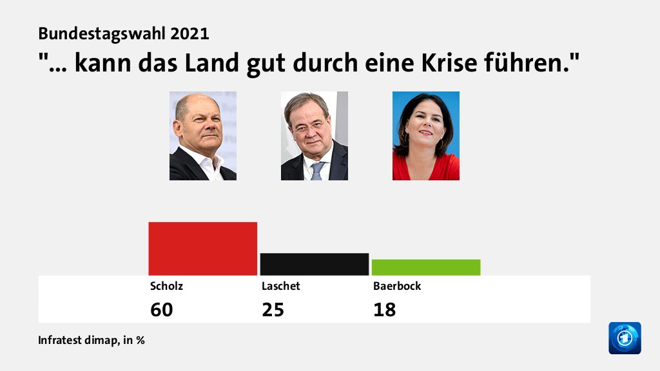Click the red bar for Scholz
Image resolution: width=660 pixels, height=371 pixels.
(x=202, y=249)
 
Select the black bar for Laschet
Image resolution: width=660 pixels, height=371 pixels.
(x=314, y=264)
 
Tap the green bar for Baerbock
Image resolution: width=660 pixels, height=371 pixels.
(x=425, y=267)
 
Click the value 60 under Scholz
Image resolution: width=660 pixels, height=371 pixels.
(x=162, y=310)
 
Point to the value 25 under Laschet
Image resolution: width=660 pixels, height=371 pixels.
(x=273, y=310)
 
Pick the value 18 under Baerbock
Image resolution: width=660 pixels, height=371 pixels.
(x=384, y=310)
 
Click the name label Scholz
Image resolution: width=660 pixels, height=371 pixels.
(x=162, y=286)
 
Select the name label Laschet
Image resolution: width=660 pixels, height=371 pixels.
(x=280, y=286)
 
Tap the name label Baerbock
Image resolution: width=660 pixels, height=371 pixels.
(x=396, y=286)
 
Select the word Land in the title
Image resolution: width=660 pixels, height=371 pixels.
(x=214, y=64)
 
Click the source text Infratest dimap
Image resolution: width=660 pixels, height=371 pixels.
(x=76, y=340)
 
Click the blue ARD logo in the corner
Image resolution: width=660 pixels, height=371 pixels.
(x=625, y=338)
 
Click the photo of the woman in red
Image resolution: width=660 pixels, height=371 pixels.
(x=425, y=136)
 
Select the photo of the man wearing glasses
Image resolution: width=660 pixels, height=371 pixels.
(x=314, y=136)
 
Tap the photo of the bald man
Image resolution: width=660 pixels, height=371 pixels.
(x=202, y=136)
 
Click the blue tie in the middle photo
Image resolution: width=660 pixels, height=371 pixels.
(x=317, y=171)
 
